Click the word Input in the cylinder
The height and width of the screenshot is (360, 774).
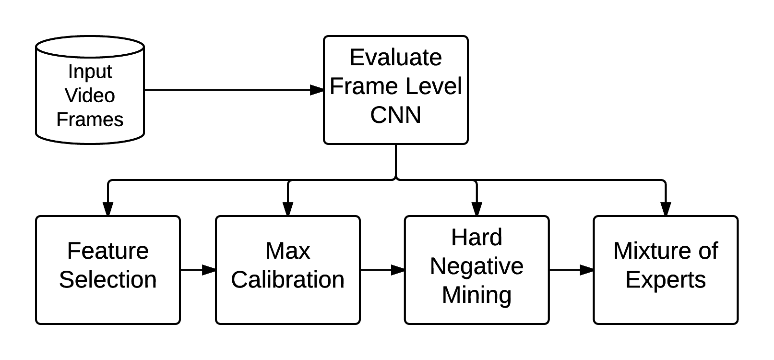(90, 72)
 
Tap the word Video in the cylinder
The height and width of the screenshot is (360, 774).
(90, 96)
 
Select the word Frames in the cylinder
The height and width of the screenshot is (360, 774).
(90, 120)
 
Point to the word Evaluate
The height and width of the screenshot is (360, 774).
(395, 58)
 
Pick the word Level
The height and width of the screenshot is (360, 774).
(433, 86)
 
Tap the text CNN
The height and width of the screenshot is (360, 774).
(395, 115)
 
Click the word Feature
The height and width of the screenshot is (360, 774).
(108, 251)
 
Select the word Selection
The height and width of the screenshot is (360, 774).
(108, 280)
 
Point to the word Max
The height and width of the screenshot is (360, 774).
(288, 251)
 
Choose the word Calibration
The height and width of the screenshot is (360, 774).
(288, 280)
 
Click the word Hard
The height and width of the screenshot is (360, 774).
(476, 238)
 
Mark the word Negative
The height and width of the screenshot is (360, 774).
(476, 266)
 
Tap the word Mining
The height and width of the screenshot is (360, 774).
(476, 295)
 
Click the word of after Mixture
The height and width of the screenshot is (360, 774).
(708, 251)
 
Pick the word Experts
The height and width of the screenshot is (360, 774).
(666, 280)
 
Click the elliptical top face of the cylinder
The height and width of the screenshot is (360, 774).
(90, 48)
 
